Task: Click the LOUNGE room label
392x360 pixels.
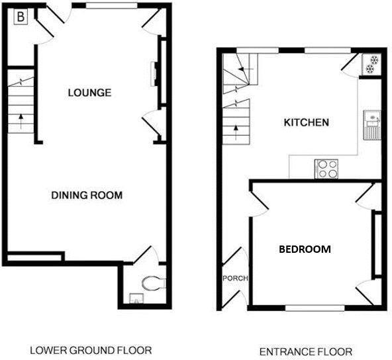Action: pyautogui.click(x=89, y=93)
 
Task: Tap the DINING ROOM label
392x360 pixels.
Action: pyautogui.click(x=87, y=195)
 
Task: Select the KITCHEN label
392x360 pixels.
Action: pyautogui.click(x=306, y=122)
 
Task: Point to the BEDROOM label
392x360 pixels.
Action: pyautogui.click(x=304, y=249)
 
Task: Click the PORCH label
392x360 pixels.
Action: pyautogui.click(x=235, y=278)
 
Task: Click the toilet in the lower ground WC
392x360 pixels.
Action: pyautogui.click(x=153, y=283)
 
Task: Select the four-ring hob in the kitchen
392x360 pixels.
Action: pyautogui.click(x=326, y=169)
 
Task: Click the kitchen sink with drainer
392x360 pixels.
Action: pyautogui.click(x=371, y=125)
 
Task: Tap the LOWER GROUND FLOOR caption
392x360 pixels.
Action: pyautogui.click(x=91, y=350)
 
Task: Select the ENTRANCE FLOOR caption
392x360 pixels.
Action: pyautogui.click(x=305, y=351)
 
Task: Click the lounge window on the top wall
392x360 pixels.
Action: pyautogui.click(x=111, y=6)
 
